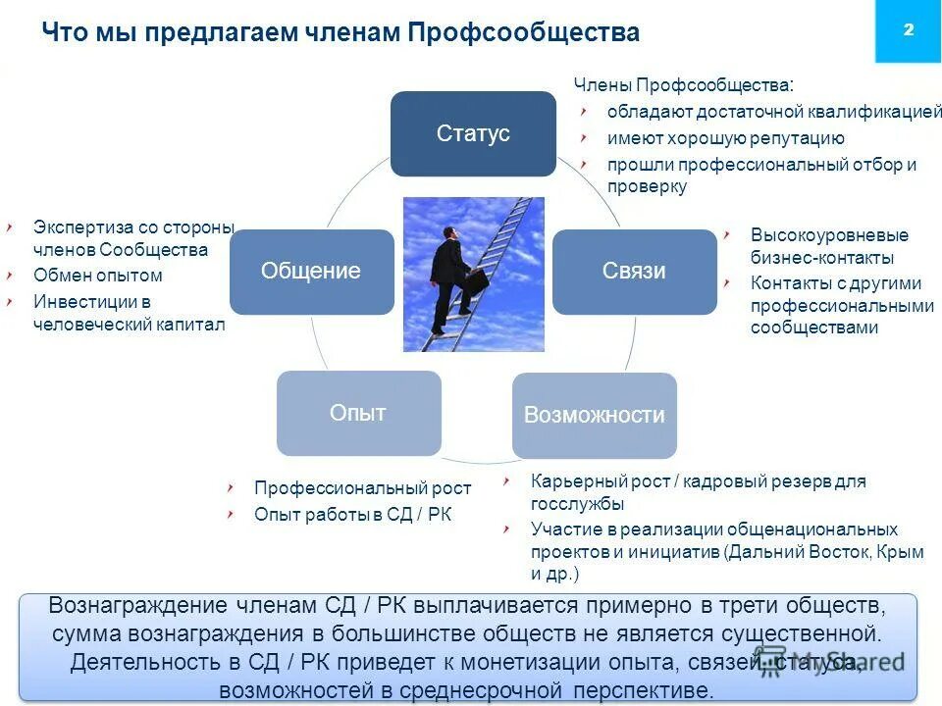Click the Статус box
point(473,134)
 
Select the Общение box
point(311,272)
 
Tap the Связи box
point(634,272)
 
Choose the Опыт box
point(358,413)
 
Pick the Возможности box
point(594,415)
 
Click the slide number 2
point(908,30)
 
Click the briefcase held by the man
point(477,279)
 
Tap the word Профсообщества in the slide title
point(524,32)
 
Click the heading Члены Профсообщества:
point(684,85)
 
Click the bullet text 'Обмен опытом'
point(97,276)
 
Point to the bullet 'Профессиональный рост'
point(362,487)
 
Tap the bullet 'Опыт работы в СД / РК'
point(352,514)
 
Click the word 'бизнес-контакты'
point(822,259)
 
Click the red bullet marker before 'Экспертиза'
point(9,227)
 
